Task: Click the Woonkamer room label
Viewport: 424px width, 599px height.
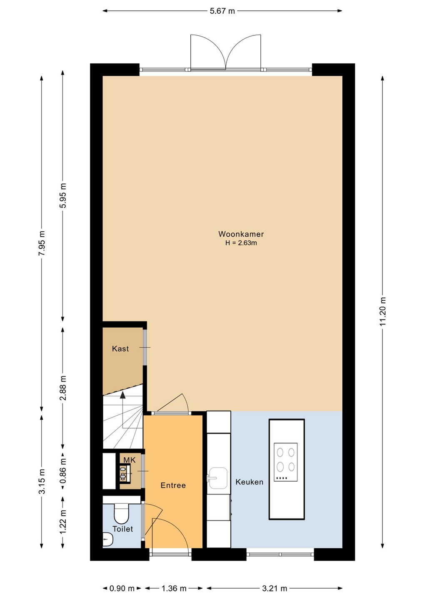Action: (241, 234)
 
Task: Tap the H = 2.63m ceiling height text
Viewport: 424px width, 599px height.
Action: (241, 243)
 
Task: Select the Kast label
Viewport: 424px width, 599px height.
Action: (120, 349)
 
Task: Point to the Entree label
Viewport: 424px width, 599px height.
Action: (173, 485)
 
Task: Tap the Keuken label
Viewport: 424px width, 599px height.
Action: (249, 482)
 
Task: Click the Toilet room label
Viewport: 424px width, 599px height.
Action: (123, 529)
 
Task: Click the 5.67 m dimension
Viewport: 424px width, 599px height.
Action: (222, 11)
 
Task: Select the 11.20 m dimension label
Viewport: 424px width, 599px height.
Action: (383, 311)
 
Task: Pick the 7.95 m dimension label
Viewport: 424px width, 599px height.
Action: (42, 243)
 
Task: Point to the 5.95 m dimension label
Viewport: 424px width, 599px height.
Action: (63, 196)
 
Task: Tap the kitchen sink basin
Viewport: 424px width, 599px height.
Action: (218, 478)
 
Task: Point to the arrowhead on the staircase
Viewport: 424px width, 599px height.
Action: (122, 396)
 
